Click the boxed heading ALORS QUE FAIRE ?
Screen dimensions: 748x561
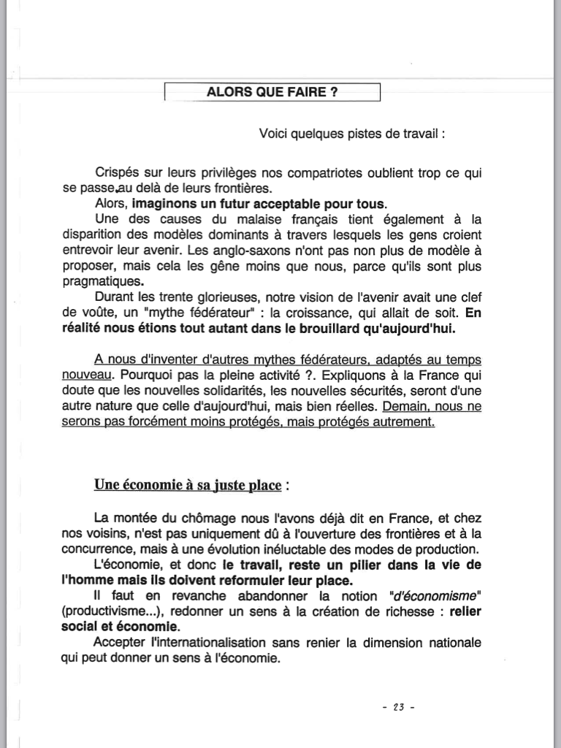coord(272,93)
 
